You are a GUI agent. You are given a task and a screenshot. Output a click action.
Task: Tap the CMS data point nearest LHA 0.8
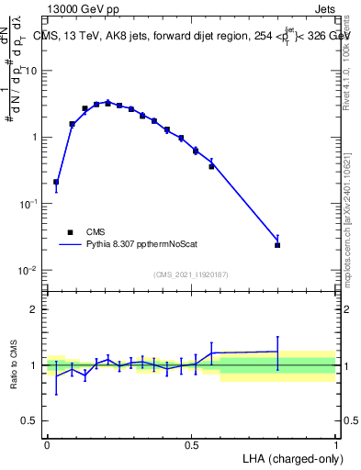(277, 245)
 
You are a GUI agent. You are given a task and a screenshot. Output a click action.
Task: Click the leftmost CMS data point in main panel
(56, 182)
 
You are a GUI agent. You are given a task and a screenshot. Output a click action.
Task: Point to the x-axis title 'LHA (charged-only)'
(287, 457)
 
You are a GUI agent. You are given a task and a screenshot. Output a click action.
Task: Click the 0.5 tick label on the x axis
(191, 444)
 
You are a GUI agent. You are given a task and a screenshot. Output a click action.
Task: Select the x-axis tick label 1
(335, 444)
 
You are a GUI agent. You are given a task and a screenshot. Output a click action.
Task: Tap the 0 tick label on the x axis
(47, 444)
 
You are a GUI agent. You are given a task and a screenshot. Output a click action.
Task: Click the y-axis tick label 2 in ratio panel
(34, 309)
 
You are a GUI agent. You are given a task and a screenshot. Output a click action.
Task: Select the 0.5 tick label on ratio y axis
(30, 422)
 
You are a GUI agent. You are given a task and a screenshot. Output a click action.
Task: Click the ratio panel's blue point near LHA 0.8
(277, 351)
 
